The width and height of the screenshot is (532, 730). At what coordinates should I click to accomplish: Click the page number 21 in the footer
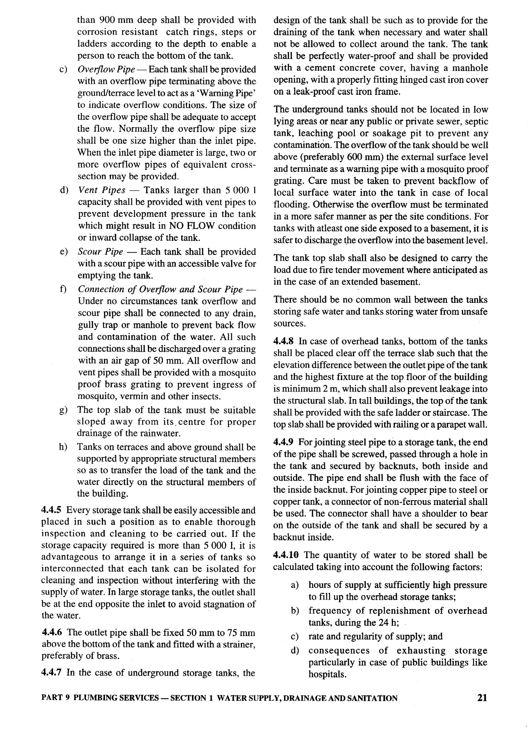(x=482, y=698)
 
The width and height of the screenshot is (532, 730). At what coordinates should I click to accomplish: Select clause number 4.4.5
(x=52, y=510)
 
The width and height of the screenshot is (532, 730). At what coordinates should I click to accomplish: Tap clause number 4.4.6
(x=52, y=632)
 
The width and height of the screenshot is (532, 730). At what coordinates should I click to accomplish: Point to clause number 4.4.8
(x=284, y=341)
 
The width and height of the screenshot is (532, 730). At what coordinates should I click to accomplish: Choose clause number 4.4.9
(x=284, y=442)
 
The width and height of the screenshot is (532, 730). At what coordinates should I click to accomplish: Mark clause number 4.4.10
(x=287, y=555)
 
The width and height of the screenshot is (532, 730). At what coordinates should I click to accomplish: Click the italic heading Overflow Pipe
(x=107, y=70)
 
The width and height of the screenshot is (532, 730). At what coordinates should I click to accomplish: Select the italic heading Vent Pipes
(x=102, y=190)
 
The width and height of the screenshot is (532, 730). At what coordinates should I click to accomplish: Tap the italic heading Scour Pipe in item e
(x=101, y=252)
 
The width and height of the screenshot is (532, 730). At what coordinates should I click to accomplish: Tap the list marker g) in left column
(x=63, y=410)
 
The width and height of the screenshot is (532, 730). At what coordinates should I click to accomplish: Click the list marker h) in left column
(x=63, y=447)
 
